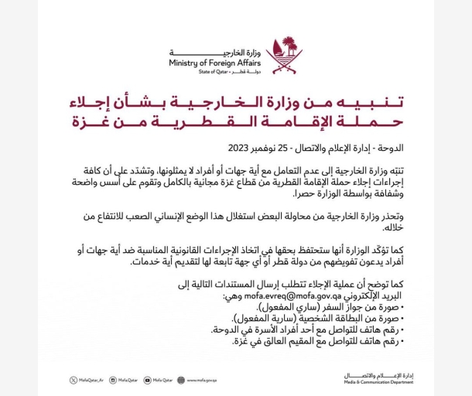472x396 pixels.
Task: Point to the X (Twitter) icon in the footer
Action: click(x=74, y=380)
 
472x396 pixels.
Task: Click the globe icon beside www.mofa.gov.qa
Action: click(x=180, y=380)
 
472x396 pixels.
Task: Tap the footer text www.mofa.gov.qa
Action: click(x=201, y=380)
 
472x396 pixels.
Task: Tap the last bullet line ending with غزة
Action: click(x=317, y=340)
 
